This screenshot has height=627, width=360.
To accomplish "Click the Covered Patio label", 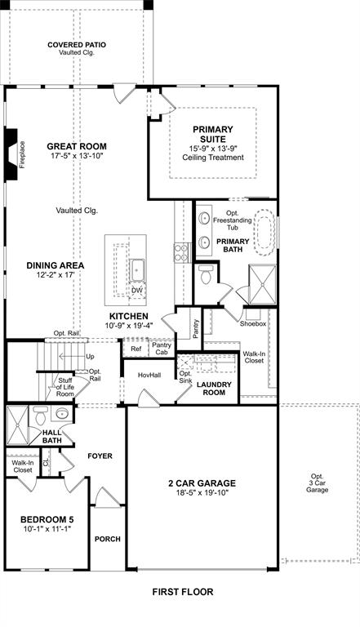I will click(77, 45).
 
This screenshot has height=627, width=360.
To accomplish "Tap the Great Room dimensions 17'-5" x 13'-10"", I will click(77, 156).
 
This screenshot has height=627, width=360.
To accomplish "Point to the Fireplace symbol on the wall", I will click(11, 152).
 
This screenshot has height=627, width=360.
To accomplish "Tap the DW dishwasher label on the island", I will click(137, 290).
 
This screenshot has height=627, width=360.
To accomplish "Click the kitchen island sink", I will click(137, 269).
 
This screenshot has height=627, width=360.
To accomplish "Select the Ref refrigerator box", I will click(136, 349).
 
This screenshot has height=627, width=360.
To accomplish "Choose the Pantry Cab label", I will click(162, 349).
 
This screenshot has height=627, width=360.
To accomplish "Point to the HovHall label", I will click(148, 375).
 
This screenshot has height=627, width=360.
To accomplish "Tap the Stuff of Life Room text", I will click(65, 387).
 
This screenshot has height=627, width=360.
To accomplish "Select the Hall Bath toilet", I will click(41, 416).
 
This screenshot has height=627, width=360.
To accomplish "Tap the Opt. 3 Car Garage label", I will click(317, 482).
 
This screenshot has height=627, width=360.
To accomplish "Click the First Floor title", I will click(183, 591).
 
